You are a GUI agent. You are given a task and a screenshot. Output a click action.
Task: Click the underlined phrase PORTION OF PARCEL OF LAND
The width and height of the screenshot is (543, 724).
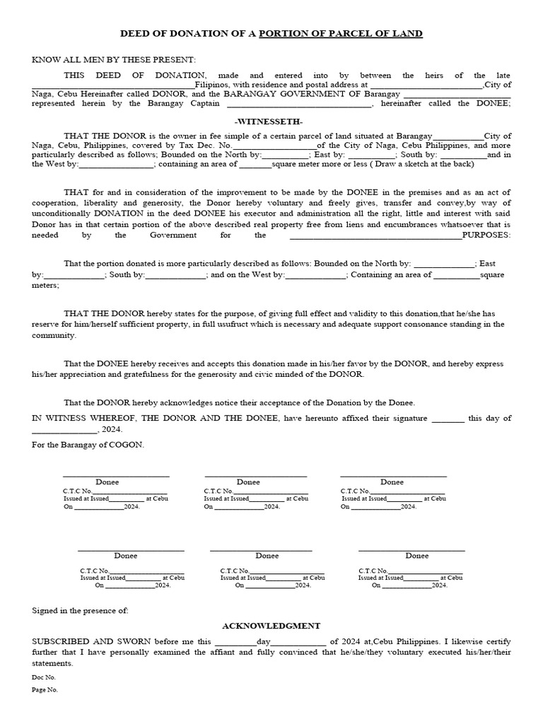coord(341,33)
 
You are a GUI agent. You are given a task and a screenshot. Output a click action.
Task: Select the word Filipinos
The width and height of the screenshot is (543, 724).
coord(216,85)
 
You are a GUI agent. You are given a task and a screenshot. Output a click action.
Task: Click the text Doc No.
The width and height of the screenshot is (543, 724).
coord(44,677)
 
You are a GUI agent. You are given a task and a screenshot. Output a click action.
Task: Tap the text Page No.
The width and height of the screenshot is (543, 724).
coord(45,689)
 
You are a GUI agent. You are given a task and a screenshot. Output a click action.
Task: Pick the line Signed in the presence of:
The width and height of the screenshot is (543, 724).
coord(81,609)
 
